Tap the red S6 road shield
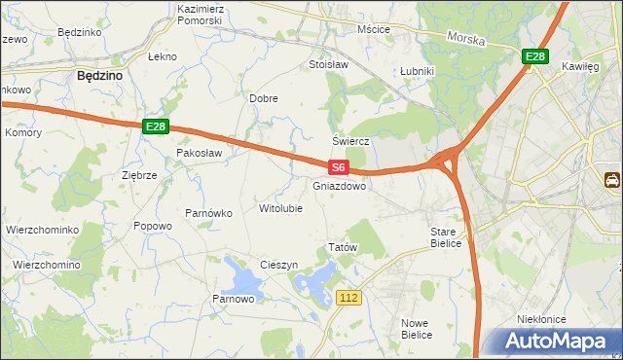coord(337,168)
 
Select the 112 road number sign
coord(351,297)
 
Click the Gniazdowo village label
coord(340,186)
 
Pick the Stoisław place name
coord(328,64)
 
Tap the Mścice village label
coord(374,29)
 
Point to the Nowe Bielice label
coord(416,328)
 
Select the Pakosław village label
coord(200,153)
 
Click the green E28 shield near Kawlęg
coord(533,57)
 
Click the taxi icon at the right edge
coord(613,180)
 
